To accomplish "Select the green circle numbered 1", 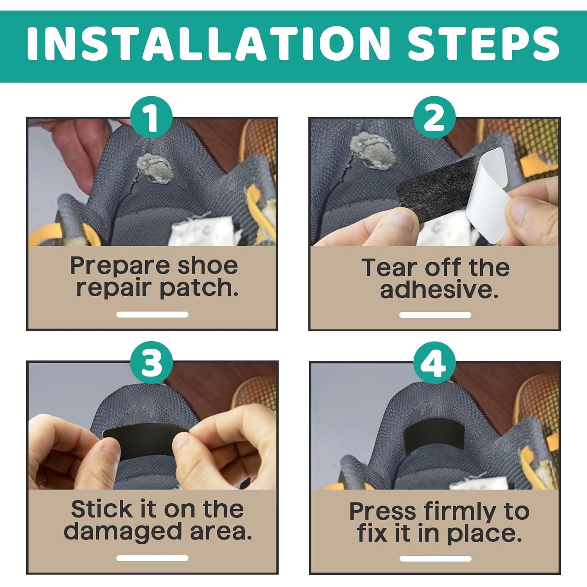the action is [151, 117].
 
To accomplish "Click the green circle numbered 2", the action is [434, 117].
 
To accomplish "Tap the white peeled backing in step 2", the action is [487, 184].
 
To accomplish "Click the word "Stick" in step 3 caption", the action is [102, 509].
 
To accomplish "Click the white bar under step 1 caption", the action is [152, 314].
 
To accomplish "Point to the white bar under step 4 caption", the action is [435, 558].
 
